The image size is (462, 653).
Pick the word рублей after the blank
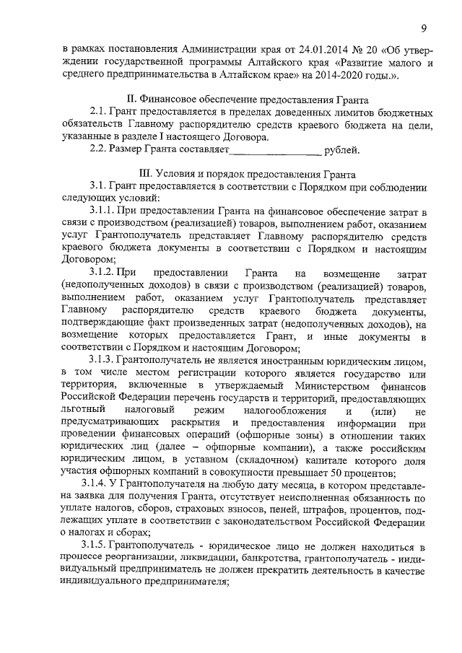[x=341, y=150]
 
